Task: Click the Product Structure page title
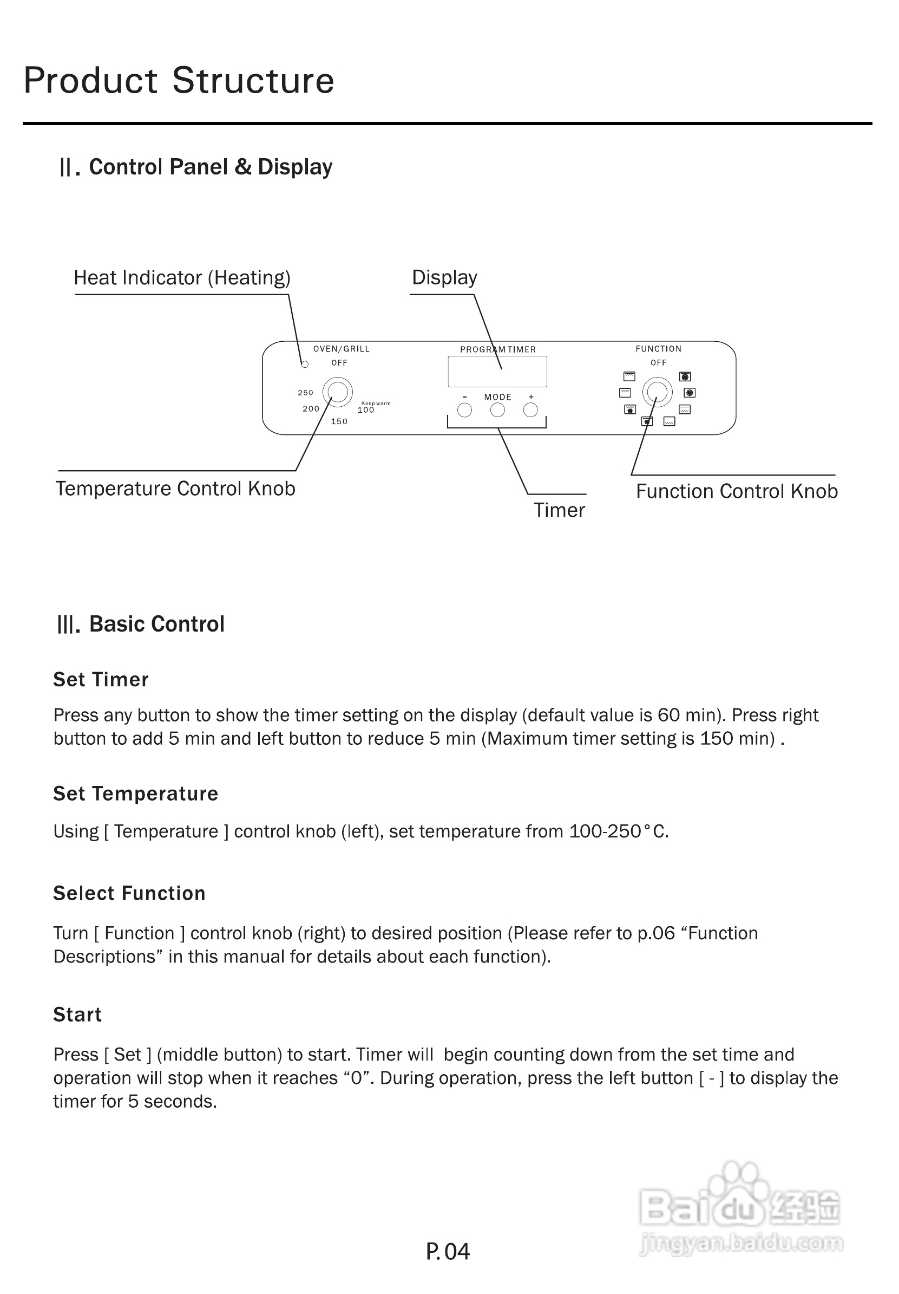point(179,81)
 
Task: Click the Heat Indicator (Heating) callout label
point(182,278)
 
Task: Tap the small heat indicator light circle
point(305,365)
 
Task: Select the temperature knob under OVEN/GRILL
point(337,392)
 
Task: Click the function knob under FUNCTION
point(658,392)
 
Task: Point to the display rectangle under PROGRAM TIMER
point(497,372)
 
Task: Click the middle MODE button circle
point(497,410)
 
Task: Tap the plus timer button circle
point(530,410)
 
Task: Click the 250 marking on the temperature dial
point(305,393)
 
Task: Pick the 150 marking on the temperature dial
point(339,421)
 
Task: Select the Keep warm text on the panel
point(376,404)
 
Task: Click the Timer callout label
point(559,510)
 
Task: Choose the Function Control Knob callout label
point(736,491)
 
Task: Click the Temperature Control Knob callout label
point(175,489)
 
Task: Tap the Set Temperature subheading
point(136,794)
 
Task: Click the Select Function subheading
point(129,893)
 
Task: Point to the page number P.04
point(448,1252)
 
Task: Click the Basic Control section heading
point(141,624)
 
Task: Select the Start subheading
point(78,1015)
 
